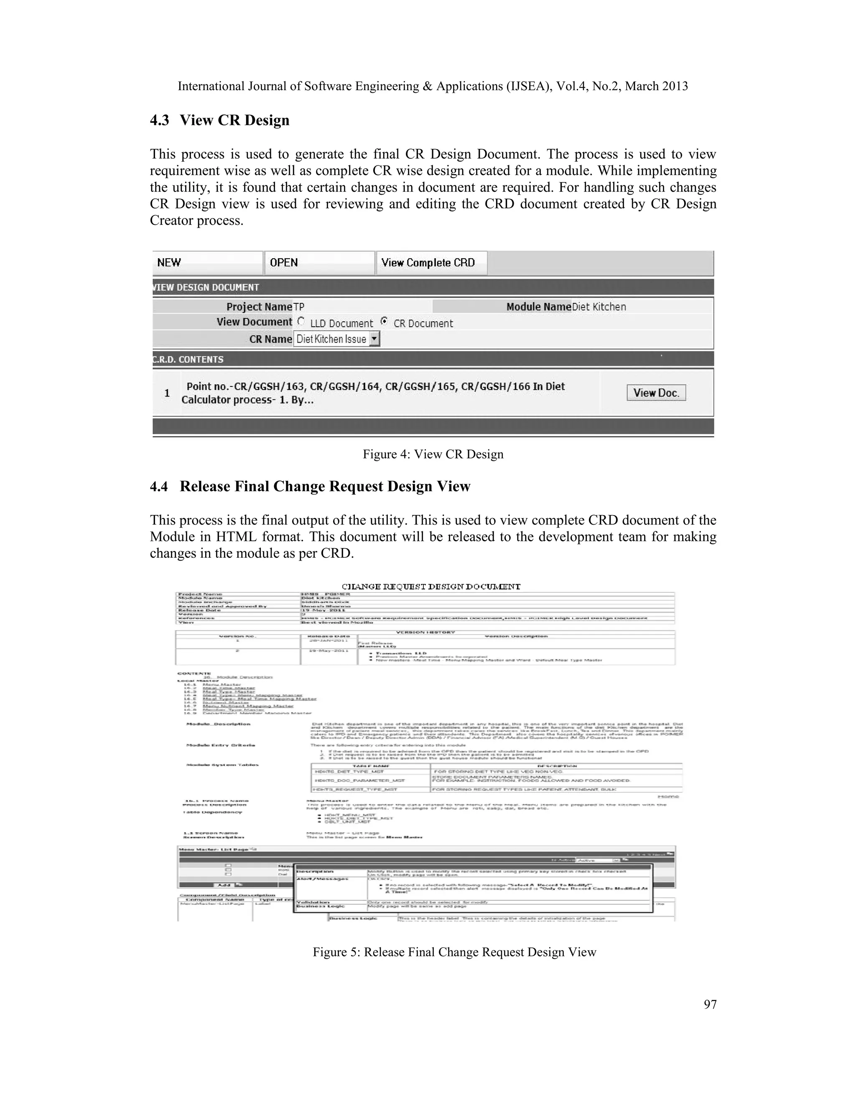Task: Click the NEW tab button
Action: coord(207,263)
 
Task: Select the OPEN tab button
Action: coord(319,263)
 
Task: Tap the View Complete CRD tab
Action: coord(431,263)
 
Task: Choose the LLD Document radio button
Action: coord(301,321)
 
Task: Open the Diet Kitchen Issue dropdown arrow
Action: coord(374,339)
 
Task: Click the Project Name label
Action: coord(259,307)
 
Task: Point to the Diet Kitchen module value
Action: coord(599,307)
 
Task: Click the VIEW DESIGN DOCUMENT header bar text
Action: coord(206,287)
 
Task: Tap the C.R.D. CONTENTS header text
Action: coord(188,359)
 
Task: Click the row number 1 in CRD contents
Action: coord(167,393)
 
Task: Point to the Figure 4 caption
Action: coord(433,454)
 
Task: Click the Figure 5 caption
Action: coord(454,952)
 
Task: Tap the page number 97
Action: coord(710,1004)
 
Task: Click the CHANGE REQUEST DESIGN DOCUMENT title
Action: coord(431,587)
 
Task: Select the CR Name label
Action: coord(270,339)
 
